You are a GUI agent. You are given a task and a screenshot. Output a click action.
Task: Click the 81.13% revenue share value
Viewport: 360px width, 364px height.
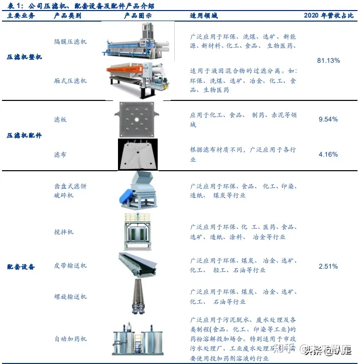(328, 60)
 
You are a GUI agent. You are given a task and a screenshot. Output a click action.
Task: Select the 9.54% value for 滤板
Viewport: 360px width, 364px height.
(328, 119)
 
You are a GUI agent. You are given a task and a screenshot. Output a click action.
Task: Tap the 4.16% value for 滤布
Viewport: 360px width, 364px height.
(328, 154)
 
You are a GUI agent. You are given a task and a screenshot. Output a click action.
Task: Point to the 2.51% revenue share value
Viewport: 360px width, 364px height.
(328, 266)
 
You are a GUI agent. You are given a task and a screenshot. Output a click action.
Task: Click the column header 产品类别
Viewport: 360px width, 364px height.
(67, 16)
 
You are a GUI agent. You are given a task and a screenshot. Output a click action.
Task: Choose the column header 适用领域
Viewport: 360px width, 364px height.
(204, 16)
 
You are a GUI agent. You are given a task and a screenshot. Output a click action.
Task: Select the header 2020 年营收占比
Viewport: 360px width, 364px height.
(329, 16)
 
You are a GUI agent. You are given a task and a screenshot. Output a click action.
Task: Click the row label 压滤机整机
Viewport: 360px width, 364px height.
(24, 57)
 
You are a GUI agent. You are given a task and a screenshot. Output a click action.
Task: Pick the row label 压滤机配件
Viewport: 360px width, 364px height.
(24, 136)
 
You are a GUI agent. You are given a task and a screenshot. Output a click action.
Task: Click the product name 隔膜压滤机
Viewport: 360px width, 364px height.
(70, 41)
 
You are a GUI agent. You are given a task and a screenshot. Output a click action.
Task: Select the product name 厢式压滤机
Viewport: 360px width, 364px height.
(70, 81)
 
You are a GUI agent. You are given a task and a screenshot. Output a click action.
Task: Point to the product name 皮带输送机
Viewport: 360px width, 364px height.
(70, 265)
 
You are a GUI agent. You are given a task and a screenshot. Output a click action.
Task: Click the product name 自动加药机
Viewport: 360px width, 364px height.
(70, 339)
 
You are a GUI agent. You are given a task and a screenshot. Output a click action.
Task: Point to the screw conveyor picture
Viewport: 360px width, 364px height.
(138, 296)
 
